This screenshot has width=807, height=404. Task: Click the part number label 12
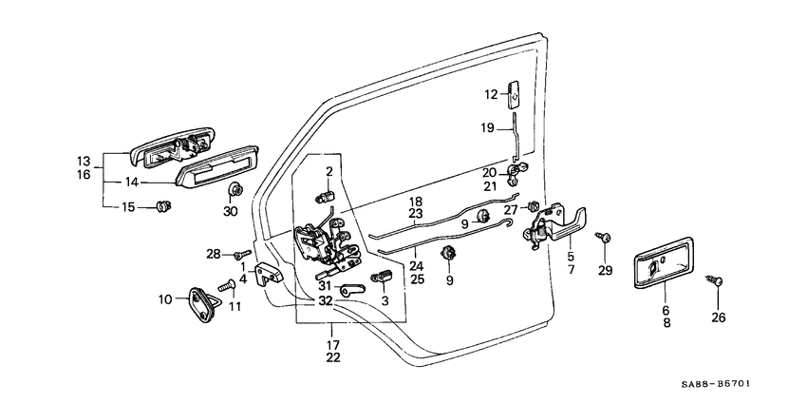[491, 94]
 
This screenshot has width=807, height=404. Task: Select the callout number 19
[486, 128]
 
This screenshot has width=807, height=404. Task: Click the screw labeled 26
[718, 280]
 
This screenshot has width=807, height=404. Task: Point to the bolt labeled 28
[242, 254]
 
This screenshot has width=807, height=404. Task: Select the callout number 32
[325, 301]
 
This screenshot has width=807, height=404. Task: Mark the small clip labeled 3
[385, 277]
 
